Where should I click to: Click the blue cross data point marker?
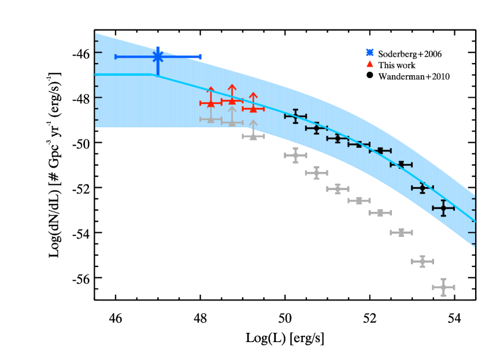tap(158, 57)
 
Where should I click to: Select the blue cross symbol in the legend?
tap(370, 53)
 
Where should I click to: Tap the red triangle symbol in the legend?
tap(370, 64)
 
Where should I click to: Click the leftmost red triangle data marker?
tap(211, 103)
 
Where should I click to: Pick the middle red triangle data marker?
tap(232, 101)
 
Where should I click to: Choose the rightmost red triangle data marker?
tap(253, 109)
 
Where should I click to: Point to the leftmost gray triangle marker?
tap(211, 119)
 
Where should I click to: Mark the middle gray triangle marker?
tap(232, 123)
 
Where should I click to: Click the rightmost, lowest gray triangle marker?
tap(253, 136)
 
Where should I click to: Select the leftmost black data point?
tap(295, 116)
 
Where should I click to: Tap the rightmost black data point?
tap(443, 208)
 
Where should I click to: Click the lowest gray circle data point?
tap(443, 287)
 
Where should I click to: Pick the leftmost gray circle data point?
tap(295, 155)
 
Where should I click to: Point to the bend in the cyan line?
tap(154, 75)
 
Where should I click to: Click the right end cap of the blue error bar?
tap(200, 57)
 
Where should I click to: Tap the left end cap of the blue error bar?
tap(116, 57)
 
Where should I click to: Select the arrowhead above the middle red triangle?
tap(232, 87)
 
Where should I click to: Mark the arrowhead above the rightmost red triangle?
tap(253, 95)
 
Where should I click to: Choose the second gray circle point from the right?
tap(422, 261)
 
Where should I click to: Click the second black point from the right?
tap(422, 188)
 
